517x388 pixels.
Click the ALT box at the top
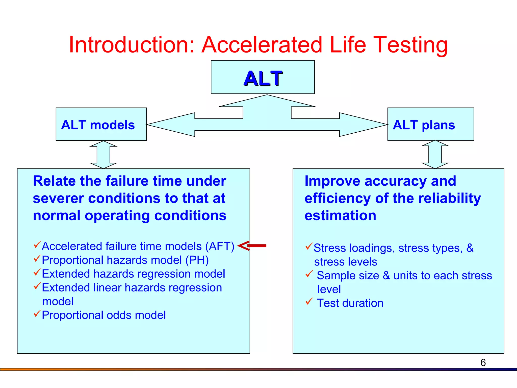[x=263, y=77]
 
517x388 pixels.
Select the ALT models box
[x=101, y=124]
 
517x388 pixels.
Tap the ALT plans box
[x=430, y=124]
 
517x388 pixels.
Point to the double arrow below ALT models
[x=104, y=155]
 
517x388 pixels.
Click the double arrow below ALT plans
[x=435, y=155]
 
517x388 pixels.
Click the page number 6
[x=483, y=363]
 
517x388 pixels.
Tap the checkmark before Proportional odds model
[x=37, y=313]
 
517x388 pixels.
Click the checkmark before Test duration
[x=309, y=301]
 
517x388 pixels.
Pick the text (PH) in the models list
[x=197, y=260]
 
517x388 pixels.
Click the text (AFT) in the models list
[x=220, y=246]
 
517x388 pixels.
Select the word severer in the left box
[x=58, y=198]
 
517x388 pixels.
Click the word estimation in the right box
[x=340, y=215]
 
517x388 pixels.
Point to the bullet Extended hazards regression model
[x=133, y=274]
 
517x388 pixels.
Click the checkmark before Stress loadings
[x=309, y=246]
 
